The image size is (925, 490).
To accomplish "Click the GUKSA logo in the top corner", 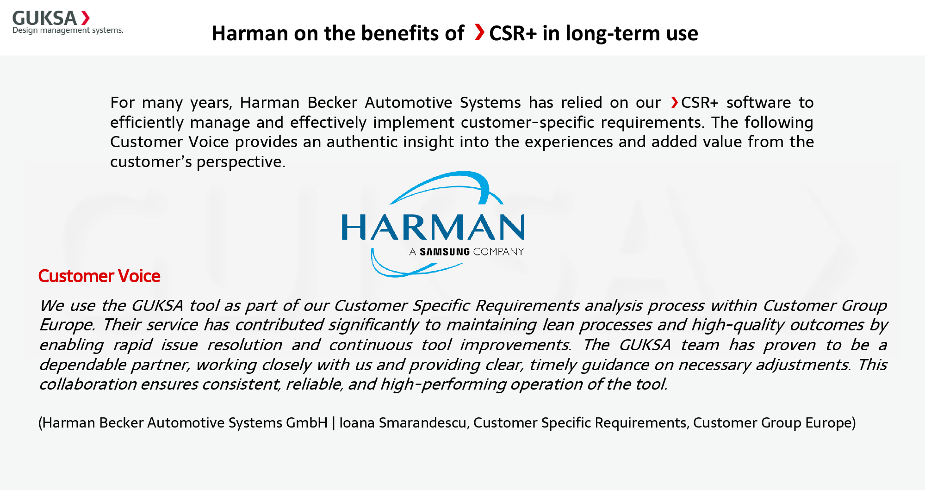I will click(51, 19).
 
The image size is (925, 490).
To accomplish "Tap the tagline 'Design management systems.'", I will click(68, 31).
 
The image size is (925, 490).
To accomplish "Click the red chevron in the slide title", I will click(479, 32).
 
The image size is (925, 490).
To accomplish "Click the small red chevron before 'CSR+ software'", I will click(675, 102).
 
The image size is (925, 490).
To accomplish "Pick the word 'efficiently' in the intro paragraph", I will click(147, 123).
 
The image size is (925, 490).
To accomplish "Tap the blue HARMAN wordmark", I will click(433, 227).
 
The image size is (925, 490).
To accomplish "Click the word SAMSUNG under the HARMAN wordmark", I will click(445, 252).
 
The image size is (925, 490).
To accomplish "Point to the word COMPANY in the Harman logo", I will click(498, 252).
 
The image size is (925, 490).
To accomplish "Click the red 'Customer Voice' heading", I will click(99, 276).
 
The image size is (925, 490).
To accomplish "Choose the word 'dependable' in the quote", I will click(82, 365).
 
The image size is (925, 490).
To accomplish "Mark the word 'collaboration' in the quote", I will click(88, 385).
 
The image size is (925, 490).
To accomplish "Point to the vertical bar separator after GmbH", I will click(333, 423).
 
